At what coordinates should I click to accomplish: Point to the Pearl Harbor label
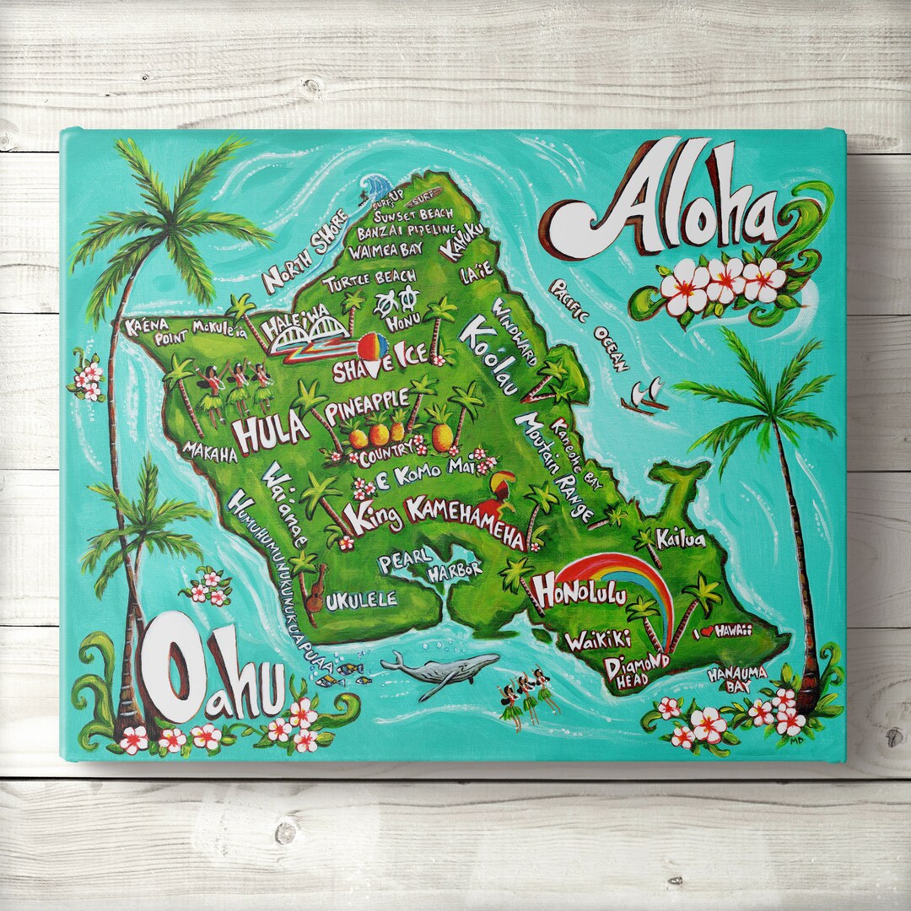coord(430,563)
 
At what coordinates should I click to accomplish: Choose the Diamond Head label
coord(637,670)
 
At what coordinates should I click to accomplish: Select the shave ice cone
coord(373,350)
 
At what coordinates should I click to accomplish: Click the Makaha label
coord(208,453)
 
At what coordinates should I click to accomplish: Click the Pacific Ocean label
coord(590,324)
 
